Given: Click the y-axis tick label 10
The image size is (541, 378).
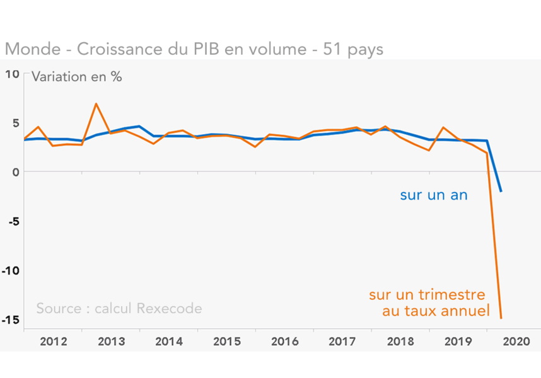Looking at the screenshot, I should [x=13, y=74].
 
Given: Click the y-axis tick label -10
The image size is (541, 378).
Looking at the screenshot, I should [x=11, y=270].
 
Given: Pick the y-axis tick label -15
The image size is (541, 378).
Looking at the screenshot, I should [x=11, y=319].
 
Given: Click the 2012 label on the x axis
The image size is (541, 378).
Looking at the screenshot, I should [x=54, y=342].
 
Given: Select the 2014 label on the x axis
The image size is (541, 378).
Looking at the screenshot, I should [x=169, y=342].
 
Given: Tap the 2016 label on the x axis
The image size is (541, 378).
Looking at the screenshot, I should [x=284, y=342].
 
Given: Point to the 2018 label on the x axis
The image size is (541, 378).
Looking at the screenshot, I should [x=400, y=342].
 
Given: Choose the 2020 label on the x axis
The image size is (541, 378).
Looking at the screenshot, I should [x=516, y=342].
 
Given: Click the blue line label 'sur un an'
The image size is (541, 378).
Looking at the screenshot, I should [x=434, y=195].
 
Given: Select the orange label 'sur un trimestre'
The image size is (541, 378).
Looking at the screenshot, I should [x=428, y=295].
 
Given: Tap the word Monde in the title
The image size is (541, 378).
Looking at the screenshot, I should [x=28, y=49].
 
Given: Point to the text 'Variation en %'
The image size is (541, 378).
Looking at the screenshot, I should [x=76, y=77].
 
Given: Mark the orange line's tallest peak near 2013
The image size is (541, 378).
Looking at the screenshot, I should [x=96, y=103].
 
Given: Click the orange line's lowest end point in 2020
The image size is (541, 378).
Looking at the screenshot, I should [x=501, y=318].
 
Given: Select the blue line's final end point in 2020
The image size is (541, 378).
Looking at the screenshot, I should [x=501, y=192].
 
